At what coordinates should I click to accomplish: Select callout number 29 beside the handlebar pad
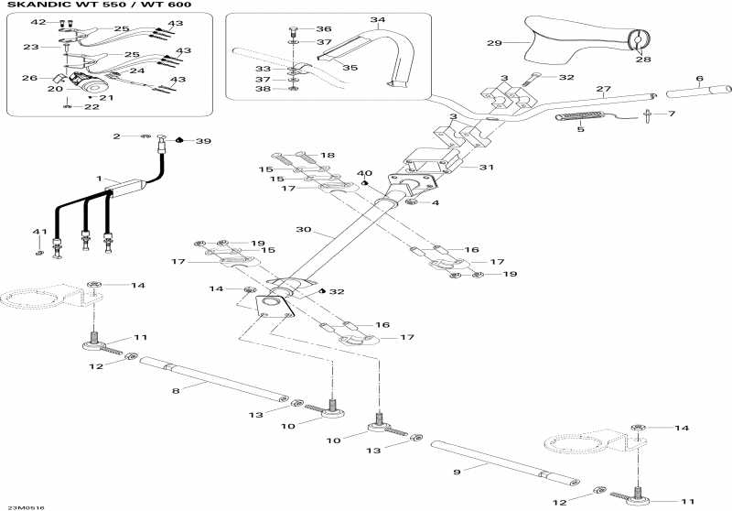pyautogui.click(x=494, y=43)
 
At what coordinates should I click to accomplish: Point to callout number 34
pyautogui.click(x=378, y=19)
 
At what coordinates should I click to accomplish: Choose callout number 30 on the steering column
pyautogui.click(x=305, y=229)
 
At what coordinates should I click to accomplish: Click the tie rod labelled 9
pyautogui.click(x=503, y=462)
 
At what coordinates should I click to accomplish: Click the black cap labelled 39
pyautogui.click(x=180, y=140)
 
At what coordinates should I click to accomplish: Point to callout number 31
pyautogui.click(x=486, y=167)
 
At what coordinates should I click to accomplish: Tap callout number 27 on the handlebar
pyautogui.click(x=602, y=89)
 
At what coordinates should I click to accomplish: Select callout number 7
pyautogui.click(x=671, y=114)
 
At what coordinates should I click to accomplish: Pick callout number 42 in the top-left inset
pyautogui.click(x=38, y=21)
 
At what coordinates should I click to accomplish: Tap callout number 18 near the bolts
pyautogui.click(x=328, y=156)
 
